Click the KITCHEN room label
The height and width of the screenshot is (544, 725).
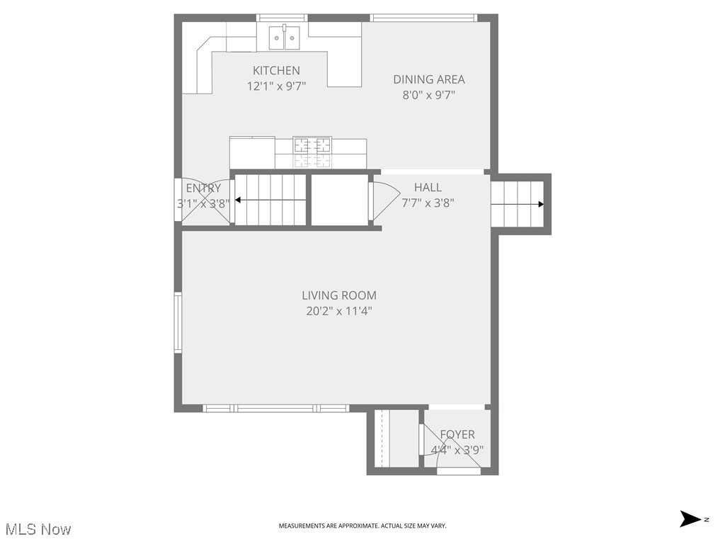click(x=276, y=70)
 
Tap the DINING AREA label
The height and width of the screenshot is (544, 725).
click(x=429, y=79)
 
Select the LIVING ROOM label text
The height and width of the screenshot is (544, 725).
click(x=339, y=295)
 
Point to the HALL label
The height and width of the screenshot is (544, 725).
click(x=428, y=187)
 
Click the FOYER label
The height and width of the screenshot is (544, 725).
click(x=457, y=434)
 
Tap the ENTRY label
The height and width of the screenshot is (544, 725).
click(x=203, y=188)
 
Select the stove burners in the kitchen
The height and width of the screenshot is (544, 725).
click(x=312, y=145)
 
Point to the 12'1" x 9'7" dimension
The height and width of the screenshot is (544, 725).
click(x=276, y=86)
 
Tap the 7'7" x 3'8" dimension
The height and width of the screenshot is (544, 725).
click(x=428, y=203)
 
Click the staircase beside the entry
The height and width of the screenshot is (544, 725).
click(x=270, y=200)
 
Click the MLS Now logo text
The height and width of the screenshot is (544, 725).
click(x=38, y=529)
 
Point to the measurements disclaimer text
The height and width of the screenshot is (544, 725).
click(x=362, y=526)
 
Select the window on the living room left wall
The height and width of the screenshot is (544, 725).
click(x=178, y=322)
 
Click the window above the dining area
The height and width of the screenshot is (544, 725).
click(x=423, y=18)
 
